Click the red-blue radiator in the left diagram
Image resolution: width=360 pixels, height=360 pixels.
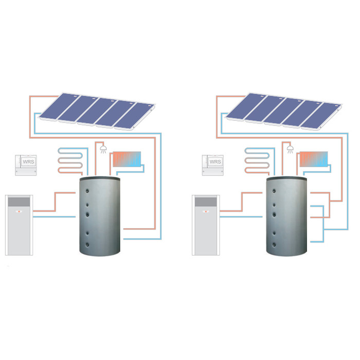tap(126, 159)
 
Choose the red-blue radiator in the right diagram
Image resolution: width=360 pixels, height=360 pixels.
tap(313, 159)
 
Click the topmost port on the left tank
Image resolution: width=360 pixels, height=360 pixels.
tap(86, 191)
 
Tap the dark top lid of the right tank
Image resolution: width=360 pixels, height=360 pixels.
tap(287, 177)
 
